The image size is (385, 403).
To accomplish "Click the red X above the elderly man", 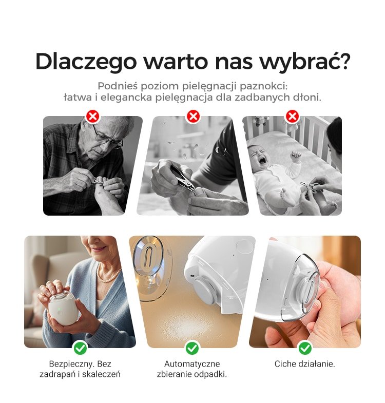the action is pyautogui.click(x=93, y=116).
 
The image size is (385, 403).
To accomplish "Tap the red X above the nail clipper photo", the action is pyautogui.click(x=193, y=116).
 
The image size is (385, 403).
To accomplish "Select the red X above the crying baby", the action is pyautogui.click(x=292, y=116).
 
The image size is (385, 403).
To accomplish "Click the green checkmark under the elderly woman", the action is pyautogui.click(x=80, y=348).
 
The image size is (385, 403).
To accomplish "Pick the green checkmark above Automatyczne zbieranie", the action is pyautogui.click(x=192, y=348).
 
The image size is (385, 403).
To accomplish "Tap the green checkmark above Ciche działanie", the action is pyautogui.click(x=305, y=348).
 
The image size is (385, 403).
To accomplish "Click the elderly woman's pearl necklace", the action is pyautogui.click(x=108, y=275).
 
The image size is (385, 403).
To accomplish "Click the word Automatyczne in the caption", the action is pyautogui.click(x=192, y=364).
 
